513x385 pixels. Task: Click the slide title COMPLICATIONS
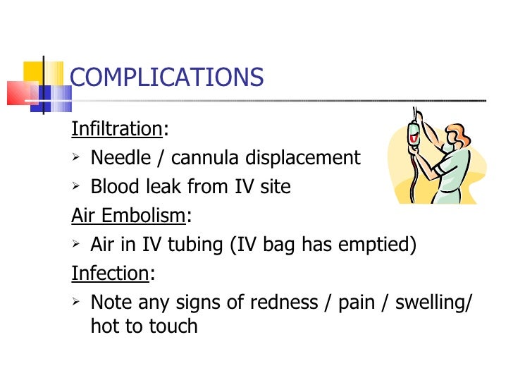point(167,77)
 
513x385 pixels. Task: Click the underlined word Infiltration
point(116,129)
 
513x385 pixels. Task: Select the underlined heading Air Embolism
point(129,215)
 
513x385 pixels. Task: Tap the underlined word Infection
point(110,273)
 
